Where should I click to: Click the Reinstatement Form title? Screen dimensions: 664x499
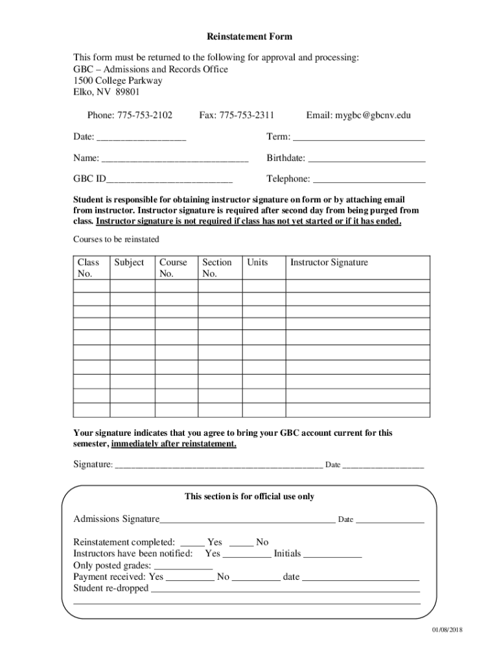(250, 37)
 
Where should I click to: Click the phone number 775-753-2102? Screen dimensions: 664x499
(145, 115)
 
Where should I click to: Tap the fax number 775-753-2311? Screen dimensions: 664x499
(246, 115)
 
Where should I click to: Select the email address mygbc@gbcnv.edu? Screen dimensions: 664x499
(373, 115)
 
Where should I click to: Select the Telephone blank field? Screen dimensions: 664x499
(369, 180)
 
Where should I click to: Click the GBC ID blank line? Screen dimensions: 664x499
(170, 180)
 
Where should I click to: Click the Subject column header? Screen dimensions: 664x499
(129, 263)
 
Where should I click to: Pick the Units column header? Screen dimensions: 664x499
(257, 263)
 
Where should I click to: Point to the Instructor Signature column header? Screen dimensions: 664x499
(329, 263)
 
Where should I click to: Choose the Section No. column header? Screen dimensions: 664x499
(216, 268)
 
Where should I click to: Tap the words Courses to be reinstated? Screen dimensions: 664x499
(116, 239)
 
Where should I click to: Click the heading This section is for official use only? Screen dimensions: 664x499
(250, 497)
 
